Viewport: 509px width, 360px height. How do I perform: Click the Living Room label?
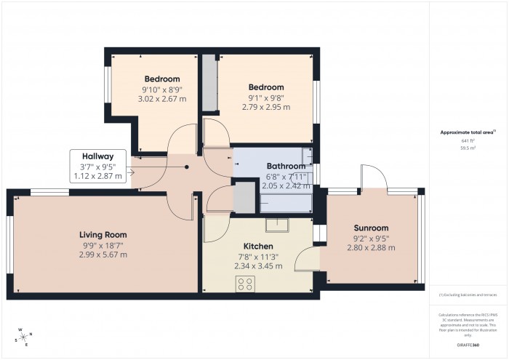tap(103, 235)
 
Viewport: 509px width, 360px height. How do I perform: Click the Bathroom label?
tap(265, 167)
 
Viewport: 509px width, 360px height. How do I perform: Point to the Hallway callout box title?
tap(97, 156)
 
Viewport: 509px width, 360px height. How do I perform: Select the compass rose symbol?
tap(23, 336)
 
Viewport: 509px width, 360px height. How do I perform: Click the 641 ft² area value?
tap(468, 141)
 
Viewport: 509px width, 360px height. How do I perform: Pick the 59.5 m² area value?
tap(468, 148)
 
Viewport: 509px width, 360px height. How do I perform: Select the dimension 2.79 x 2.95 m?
tap(265, 107)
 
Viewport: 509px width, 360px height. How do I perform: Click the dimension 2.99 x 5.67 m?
tap(103, 255)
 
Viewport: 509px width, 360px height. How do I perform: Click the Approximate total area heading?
tap(467, 132)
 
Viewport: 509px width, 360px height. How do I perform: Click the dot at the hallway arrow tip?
tap(187, 167)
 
